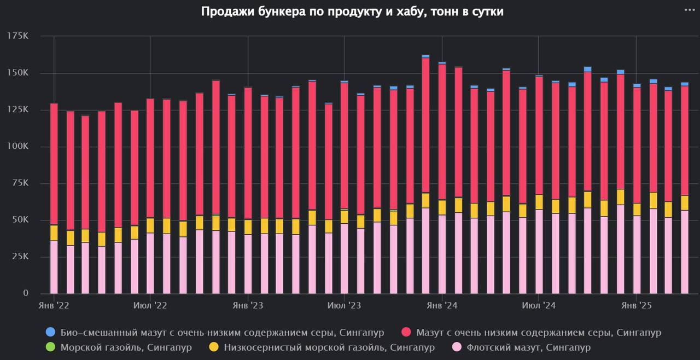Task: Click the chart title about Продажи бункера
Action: coord(352,12)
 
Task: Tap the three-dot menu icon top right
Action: coord(689,9)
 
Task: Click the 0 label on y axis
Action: coord(26,293)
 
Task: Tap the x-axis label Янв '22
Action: coord(54,305)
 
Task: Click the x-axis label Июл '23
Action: coord(345,305)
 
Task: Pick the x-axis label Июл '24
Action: coord(539,305)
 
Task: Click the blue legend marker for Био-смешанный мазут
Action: coord(51,332)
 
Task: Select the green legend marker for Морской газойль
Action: coord(51,347)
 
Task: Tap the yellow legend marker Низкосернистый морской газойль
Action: coord(214,347)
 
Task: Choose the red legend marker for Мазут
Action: coord(406,332)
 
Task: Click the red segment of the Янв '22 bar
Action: coord(54,164)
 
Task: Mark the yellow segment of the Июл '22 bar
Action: coord(150,225)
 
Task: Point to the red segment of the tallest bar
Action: coord(425,126)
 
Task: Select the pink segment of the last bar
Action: coord(684,252)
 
